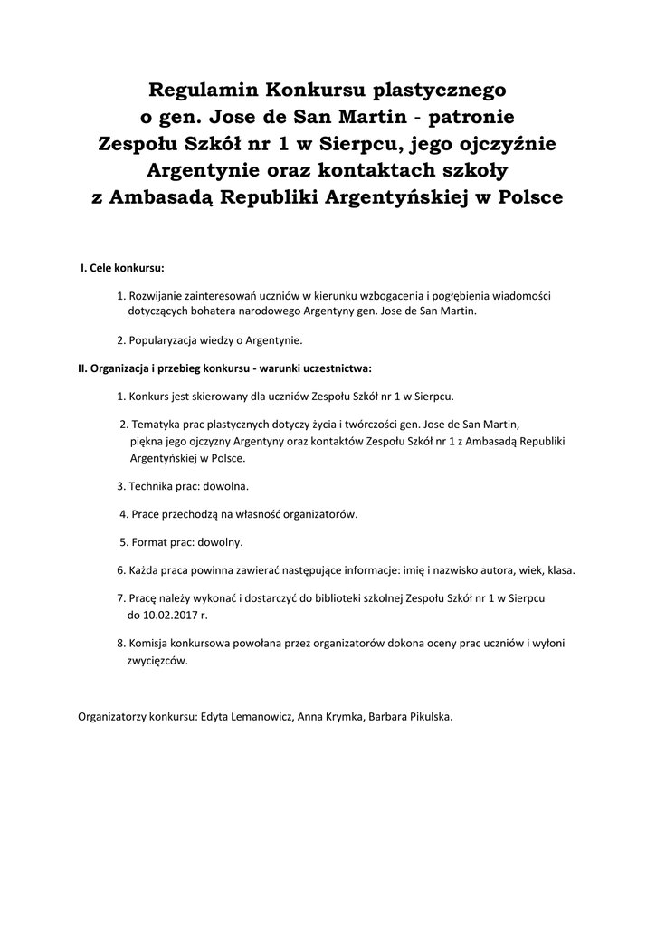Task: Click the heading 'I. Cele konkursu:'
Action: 122,269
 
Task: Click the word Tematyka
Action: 155,424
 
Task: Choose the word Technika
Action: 152,486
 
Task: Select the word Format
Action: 148,542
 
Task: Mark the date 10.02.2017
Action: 172,614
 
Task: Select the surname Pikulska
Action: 427,716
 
